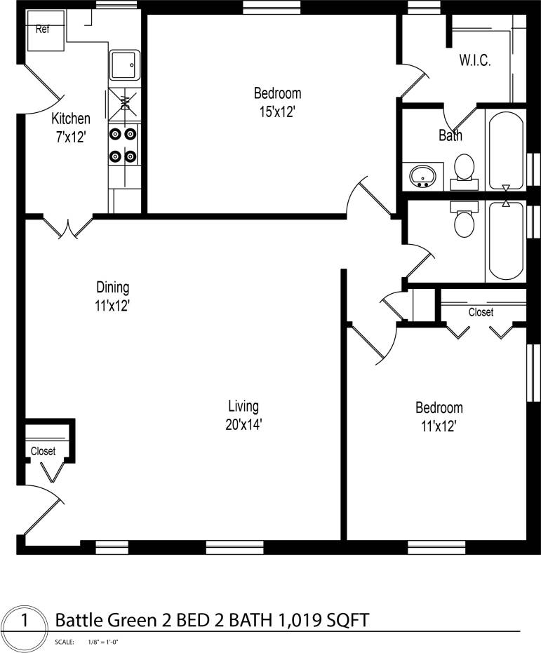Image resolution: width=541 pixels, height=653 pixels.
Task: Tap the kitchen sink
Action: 125,65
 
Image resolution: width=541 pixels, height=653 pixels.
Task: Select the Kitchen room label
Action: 71,119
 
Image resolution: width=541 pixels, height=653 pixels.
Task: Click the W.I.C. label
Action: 475,60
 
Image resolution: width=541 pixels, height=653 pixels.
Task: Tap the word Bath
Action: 450,135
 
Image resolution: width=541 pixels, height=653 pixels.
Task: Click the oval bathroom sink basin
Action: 423,175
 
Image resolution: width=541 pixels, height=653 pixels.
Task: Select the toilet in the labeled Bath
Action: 464,169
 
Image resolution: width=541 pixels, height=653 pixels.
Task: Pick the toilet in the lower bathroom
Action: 464,220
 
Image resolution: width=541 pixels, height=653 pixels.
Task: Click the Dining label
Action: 113,288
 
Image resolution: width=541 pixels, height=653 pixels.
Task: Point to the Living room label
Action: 243,406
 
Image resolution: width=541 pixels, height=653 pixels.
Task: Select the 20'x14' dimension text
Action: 243,424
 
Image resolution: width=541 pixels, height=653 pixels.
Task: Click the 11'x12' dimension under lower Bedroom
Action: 439,425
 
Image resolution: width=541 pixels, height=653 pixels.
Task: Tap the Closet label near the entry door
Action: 43,452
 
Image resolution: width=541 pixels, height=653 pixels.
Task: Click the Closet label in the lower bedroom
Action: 481,312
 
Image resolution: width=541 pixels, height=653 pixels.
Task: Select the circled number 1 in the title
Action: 25,620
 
